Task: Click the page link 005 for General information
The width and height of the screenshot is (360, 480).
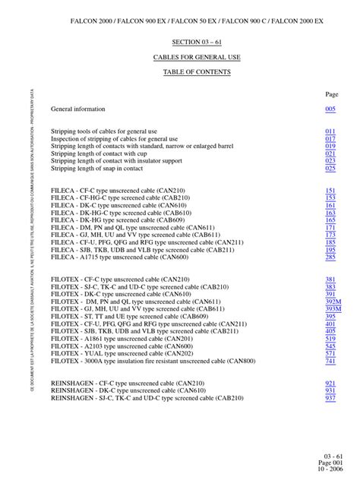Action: coord(330,109)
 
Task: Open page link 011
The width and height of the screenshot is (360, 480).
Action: coord(330,131)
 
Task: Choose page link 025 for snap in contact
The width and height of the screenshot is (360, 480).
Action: coord(330,169)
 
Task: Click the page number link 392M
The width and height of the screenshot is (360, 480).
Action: coord(333,302)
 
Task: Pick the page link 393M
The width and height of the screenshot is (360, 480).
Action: coord(333,309)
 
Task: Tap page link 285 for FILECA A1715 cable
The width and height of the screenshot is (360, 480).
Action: coord(330,257)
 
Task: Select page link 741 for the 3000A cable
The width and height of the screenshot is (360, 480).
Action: coord(330,361)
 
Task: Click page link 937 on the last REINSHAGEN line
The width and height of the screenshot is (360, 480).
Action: coord(330,398)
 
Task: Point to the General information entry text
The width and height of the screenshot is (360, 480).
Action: coord(78,109)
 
